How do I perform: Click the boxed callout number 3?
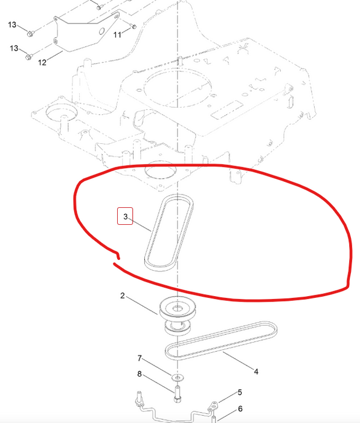[125, 216]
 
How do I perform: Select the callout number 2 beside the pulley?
[123, 296]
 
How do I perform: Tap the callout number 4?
[256, 372]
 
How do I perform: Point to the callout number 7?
[140, 358]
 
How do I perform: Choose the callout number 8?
[140, 374]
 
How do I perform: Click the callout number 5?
[239, 393]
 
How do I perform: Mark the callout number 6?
[239, 409]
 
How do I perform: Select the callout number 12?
[42, 62]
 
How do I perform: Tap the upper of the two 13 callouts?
[13, 24]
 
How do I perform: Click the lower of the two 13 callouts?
[13, 48]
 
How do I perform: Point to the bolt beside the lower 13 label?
[28, 57]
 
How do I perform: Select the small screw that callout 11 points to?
[133, 27]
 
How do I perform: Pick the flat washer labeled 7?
[178, 378]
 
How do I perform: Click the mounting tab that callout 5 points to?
[213, 406]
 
